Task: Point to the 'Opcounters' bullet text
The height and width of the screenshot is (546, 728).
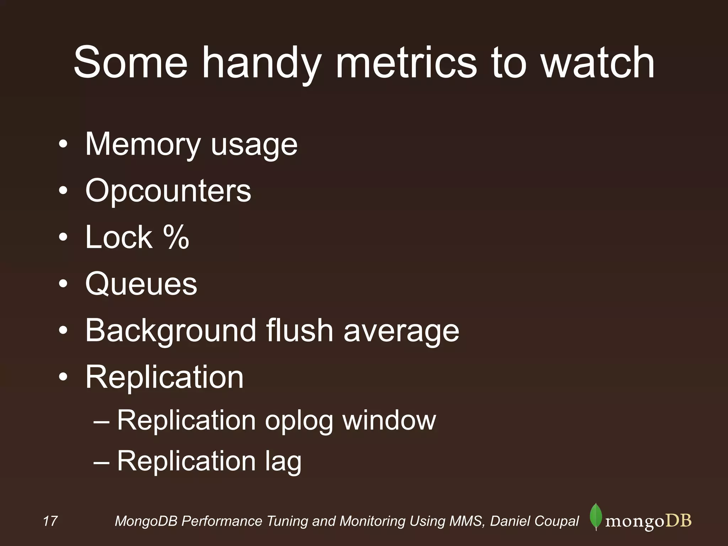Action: coord(168,191)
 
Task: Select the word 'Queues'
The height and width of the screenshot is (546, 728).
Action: coord(141,284)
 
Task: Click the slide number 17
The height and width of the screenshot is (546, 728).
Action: coord(50,521)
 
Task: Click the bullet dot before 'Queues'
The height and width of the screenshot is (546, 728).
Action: coord(63,284)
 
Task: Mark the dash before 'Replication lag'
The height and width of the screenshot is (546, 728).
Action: coord(101,462)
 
